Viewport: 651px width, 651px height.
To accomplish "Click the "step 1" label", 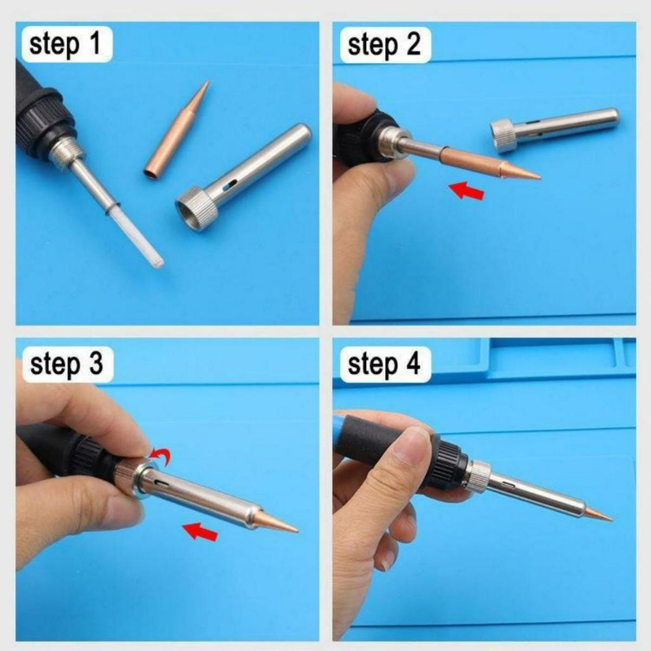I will click(x=66, y=44).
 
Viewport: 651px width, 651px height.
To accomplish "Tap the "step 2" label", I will click(x=384, y=44).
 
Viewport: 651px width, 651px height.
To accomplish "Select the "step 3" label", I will click(x=66, y=363).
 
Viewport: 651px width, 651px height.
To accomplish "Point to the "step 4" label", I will click(x=384, y=363).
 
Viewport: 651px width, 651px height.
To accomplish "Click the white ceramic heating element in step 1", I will click(x=141, y=239).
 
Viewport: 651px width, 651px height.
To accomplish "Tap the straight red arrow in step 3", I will click(x=200, y=531).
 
